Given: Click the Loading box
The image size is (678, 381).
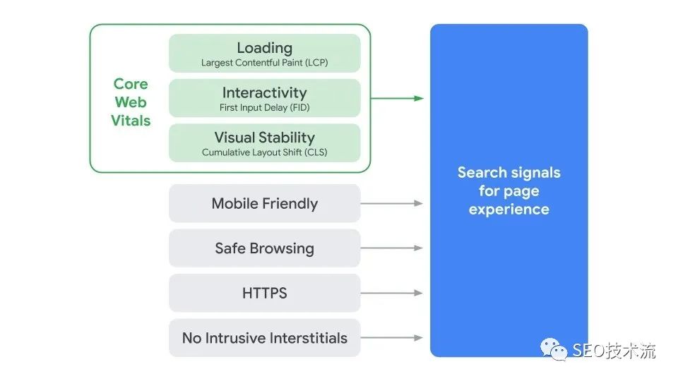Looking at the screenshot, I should pos(264,53).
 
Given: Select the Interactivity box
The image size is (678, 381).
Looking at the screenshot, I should pos(264,98).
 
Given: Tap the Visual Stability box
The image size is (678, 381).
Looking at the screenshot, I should pos(264,143).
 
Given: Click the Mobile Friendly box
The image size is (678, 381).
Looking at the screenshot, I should pos(264,203).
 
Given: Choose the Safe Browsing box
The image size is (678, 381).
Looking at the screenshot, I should pos(264,248).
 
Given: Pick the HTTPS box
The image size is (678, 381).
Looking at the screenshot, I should pos(264,293).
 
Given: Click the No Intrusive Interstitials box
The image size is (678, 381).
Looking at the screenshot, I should pos(264,338).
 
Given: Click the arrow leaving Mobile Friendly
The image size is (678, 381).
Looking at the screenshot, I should pos(392,203).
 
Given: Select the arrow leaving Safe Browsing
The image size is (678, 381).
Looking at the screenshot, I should pos(392,248).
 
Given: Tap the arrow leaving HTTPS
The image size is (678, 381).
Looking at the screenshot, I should pos(392,293).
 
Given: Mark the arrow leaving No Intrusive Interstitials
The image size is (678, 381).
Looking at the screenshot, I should pos(392,338).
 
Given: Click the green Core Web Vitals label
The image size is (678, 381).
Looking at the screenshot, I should pos(131,102).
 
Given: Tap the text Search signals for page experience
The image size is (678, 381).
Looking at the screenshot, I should pos(509,190).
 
